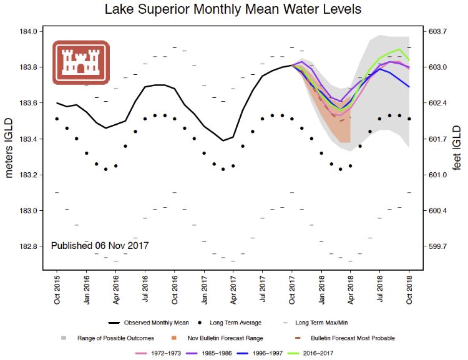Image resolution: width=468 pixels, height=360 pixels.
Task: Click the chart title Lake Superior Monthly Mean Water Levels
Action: [x=233, y=9]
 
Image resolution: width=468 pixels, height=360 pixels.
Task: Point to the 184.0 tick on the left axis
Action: [x=32, y=31]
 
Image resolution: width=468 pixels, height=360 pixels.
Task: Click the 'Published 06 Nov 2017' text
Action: [x=100, y=246]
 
